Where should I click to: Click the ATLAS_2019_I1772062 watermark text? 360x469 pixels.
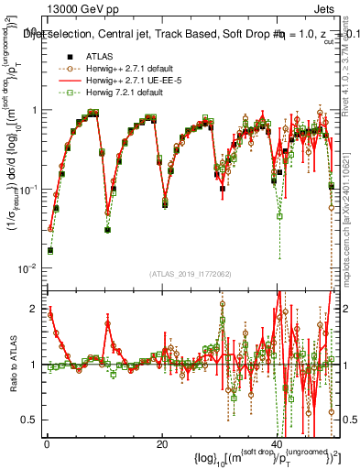189,275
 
